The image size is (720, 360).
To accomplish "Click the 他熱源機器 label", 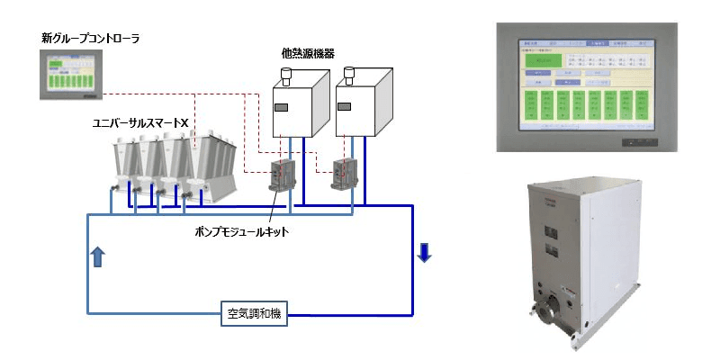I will click(x=309, y=54).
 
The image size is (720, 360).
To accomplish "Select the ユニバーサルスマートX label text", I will click(x=144, y=121).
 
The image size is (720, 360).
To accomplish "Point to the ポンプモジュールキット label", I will click(x=251, y=233).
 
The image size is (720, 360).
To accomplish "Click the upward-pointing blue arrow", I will click(x=97, y=257).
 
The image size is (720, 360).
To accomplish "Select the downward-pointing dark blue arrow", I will click(x=425, y=254).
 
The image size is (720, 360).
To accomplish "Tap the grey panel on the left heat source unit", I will click(x=283, y=110).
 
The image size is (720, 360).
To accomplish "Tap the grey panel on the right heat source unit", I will click(x=345, y=110).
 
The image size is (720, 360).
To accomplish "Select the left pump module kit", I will click(x=283, y=174).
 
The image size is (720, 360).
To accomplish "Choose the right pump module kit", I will click(x=344, y=171).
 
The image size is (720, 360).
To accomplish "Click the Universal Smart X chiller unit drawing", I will click(x=171, y=166).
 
